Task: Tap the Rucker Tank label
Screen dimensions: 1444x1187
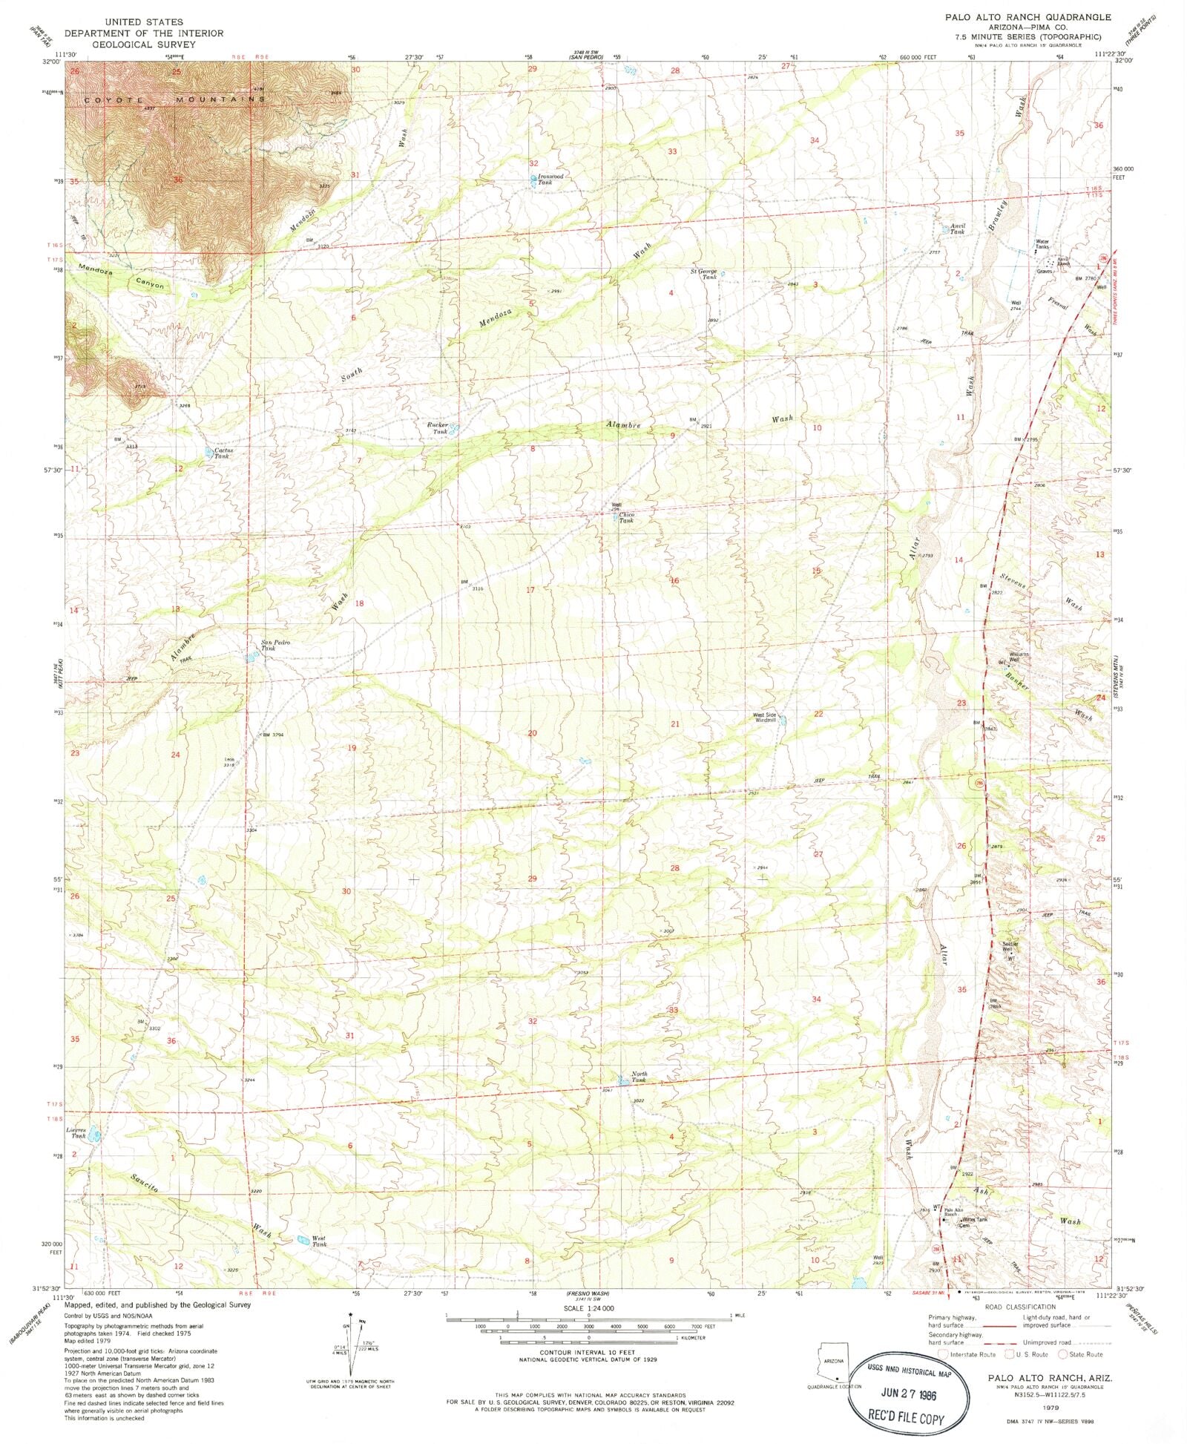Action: click(438, 428)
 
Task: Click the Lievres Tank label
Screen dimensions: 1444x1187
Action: click(76, 1133)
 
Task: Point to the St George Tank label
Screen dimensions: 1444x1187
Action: click(704, 274)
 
